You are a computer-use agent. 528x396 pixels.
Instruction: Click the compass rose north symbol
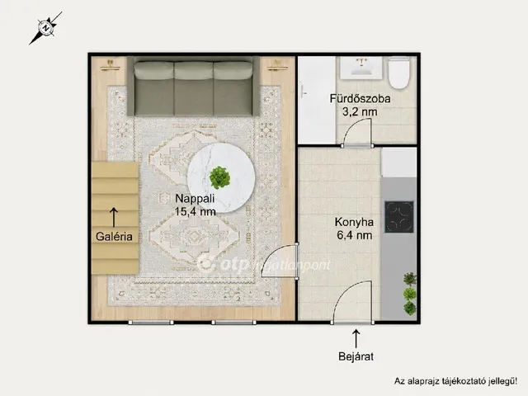(45, 28)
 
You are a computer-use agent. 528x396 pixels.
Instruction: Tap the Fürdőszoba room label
(360, 99)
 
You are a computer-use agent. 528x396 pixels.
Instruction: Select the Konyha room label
(354, 222)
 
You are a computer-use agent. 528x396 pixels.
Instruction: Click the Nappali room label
(195, 198)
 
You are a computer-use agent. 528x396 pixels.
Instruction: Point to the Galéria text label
(114, 237)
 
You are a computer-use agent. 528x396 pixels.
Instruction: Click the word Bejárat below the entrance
(356, 356)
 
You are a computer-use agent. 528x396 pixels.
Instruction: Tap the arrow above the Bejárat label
(356, 338)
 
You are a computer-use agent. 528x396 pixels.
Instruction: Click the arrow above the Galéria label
(114, 217)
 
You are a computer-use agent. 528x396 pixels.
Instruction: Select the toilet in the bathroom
(399, 73)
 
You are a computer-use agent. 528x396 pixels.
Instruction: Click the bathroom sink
(361, 68)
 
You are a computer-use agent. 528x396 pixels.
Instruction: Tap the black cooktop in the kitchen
(399, 217)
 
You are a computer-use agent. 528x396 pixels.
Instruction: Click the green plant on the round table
(220, 177)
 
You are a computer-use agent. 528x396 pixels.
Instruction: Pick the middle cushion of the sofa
(194, 88)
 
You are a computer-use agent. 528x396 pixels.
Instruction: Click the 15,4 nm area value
(195, 211)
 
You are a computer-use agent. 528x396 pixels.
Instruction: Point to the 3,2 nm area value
(360, 111)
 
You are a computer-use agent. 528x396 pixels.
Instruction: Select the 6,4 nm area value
(354, 235)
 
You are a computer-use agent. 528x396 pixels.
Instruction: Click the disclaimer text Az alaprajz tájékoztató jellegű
(455, 381)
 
